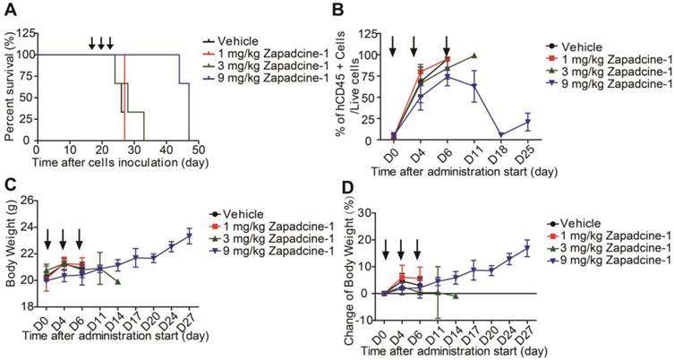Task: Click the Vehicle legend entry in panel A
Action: click(243, 40)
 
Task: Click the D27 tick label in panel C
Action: click(190, 325)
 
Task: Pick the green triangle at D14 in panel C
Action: click(117, 281)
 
